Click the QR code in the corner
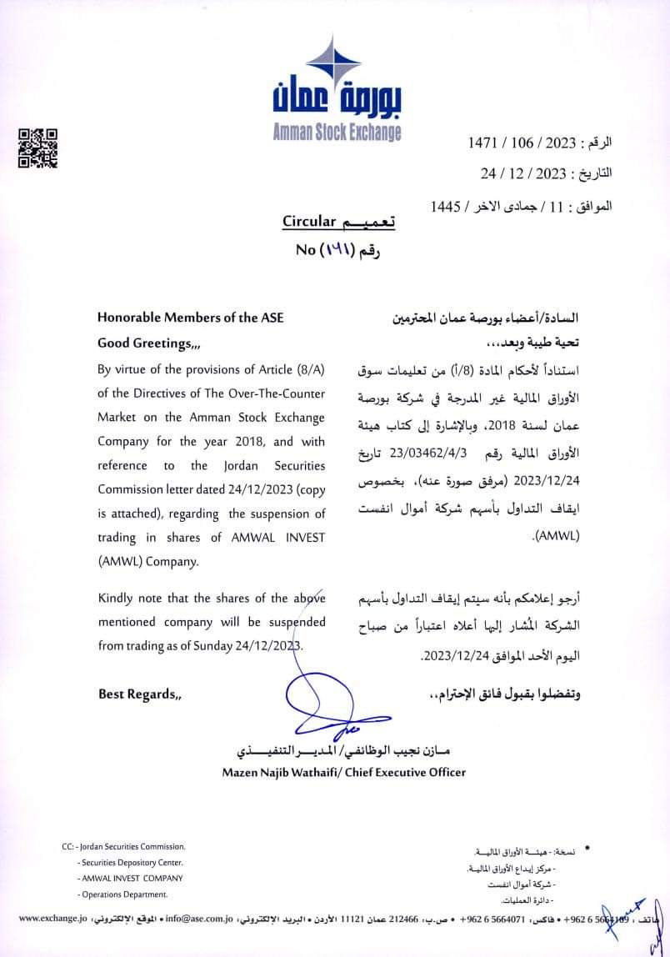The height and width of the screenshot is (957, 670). tap(38, 148)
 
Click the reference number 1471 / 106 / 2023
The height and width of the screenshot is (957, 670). tap(522, 143)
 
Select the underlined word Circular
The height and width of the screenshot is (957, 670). tap(308, 222)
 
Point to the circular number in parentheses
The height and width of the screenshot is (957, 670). tap(337, 248)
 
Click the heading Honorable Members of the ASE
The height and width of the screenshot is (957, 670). tap(191, 317)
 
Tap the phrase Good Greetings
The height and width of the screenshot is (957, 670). tap(149, 343)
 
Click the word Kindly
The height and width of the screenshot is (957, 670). tap(116, 599)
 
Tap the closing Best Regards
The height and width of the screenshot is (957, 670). tap(139, 694)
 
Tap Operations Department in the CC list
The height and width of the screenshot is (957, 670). tap(124, 894)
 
